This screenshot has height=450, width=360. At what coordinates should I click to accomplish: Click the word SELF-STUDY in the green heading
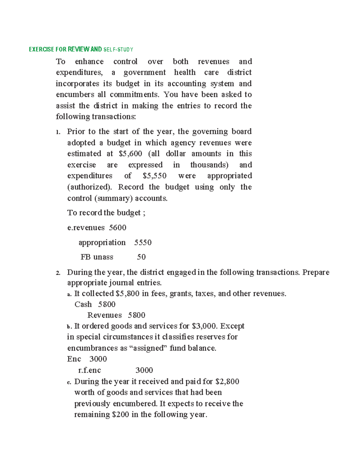point(118,49)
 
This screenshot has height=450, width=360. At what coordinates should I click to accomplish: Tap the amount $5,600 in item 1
point(130,154)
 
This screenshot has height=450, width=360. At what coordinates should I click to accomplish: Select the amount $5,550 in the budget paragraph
point(154,176)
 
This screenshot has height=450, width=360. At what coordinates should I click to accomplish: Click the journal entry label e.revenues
point(86,228)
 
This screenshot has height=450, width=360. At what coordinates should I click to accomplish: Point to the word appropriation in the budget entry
point(102,243)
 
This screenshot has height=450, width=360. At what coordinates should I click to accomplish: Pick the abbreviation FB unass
point(97,257)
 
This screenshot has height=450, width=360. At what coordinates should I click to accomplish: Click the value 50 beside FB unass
point(141,257)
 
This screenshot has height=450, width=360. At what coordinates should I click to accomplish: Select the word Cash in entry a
point(83,305)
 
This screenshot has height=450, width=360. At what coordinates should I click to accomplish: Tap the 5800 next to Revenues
point(136,315)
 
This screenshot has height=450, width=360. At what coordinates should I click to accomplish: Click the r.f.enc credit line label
point(89,371)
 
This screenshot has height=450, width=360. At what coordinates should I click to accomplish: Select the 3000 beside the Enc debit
point(98,359)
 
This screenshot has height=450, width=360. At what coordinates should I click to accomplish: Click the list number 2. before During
point(58,273)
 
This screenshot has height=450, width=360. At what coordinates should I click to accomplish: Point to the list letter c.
point(69,382)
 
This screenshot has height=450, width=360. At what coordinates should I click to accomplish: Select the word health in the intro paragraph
point(185,73)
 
